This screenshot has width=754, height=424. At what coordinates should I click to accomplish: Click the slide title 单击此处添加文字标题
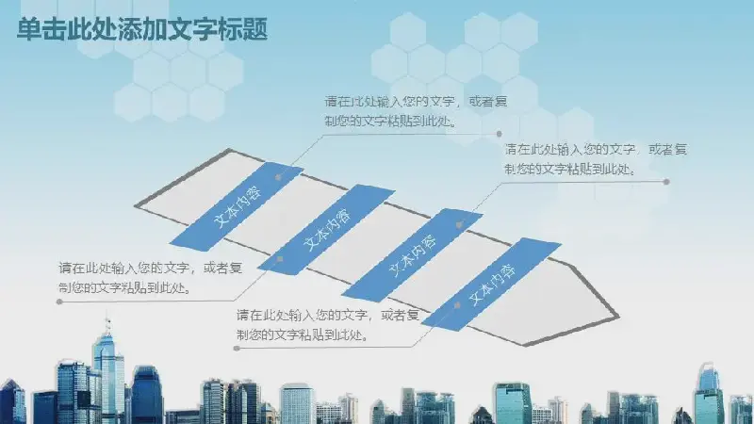pos(142,30)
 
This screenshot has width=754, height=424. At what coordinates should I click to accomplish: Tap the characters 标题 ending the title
pos(243,30)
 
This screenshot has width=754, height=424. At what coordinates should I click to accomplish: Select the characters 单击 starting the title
pos(41,30)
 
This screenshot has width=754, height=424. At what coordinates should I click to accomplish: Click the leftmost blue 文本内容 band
pos(237,206)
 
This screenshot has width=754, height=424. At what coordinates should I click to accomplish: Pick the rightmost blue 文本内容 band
pos(491,285)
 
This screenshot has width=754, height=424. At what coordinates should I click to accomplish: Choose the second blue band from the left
pos(326,229)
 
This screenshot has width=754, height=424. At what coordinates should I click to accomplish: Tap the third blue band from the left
pos(412,255)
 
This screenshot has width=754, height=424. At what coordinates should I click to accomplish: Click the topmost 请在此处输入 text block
pos(416,111)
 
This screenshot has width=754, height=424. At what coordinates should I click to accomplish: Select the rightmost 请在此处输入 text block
pos(596,159)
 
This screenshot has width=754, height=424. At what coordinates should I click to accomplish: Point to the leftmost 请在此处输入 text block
pos(150,278)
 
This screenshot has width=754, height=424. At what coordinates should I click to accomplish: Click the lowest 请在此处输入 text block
pos(328,325)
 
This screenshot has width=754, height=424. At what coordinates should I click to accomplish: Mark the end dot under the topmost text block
pos(500,134)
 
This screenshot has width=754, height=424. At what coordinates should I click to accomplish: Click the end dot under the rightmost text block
pos(666,182)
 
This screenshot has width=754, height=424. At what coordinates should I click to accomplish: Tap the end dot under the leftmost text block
pos(59,302)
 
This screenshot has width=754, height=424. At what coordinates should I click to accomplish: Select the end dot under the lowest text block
pos(237,348)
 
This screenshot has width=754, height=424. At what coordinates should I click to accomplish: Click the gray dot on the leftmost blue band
pos(278,177)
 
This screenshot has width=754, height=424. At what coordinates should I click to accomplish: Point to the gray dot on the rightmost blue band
pos(457,305)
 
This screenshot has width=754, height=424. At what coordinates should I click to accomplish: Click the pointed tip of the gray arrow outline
pos(617,317)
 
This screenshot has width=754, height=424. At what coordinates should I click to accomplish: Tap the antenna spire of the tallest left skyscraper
pos(107,323)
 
